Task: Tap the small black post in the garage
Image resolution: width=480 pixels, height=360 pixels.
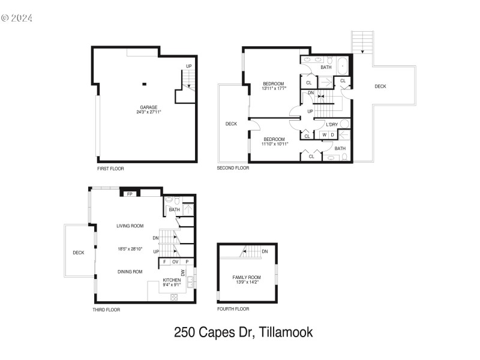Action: pos(145,84)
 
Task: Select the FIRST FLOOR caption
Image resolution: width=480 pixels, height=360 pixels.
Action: pos(110,169)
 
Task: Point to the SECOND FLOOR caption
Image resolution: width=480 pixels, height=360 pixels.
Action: pos(233,169)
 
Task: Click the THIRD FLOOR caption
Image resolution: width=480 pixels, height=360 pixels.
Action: pos(106,310)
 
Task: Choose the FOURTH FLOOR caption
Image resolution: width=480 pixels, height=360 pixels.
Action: pos(233,309)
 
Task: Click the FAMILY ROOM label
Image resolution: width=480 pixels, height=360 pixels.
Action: pos(247,277)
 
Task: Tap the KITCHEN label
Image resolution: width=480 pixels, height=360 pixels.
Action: pos(172,280)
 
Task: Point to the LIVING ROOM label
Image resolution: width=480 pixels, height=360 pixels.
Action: pos(130,226)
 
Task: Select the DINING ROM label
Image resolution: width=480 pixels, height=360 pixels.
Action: pos(130,272)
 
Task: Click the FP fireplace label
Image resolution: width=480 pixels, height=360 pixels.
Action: pos(130,194)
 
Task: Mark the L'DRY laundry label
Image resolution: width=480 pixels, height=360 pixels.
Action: pos(332,124)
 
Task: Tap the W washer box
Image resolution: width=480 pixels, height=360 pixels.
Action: pos(324,135)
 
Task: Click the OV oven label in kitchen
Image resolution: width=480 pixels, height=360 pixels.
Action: pos(175,262)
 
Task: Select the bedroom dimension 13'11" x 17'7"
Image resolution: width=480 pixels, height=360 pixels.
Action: pos(274,88)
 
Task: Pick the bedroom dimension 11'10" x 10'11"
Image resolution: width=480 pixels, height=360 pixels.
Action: pos(275,143)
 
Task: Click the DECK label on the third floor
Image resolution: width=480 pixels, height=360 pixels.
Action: pos(78,253)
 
